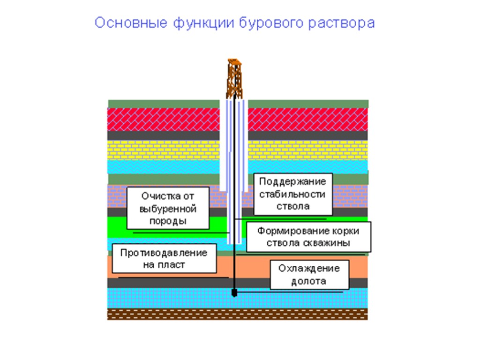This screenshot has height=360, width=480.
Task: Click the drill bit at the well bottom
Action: [x=234, y=293]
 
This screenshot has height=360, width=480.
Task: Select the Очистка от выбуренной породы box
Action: [x=161, y=208]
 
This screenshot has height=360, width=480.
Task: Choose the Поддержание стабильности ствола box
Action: [x=293, y=194]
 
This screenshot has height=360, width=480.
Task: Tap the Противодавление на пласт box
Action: [x=164, y=258]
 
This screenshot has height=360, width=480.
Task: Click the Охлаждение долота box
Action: [x=309, y=275]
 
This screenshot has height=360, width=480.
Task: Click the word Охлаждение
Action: [x=309, y=269]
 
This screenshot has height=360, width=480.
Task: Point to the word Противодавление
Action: [x=164, y=253]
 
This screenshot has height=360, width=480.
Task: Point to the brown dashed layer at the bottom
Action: [x=237, y=314]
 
